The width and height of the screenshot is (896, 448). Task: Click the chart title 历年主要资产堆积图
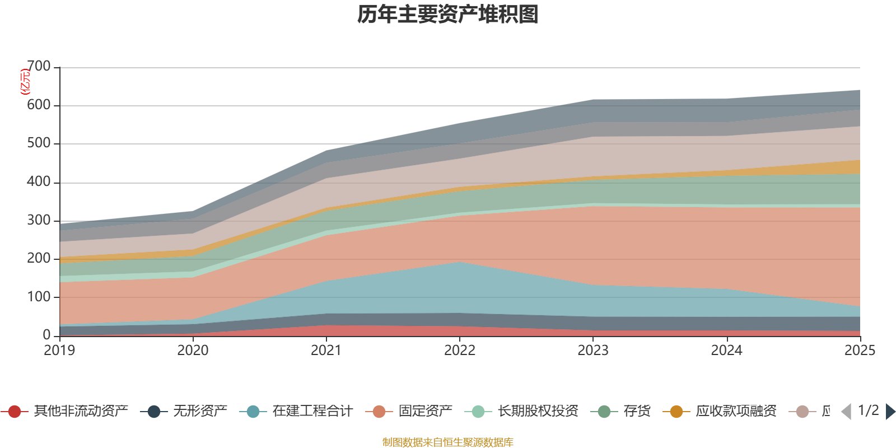coord(448,15)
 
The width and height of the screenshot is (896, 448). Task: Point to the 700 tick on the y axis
coord(39,67)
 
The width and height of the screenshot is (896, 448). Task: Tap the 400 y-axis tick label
coord(39,182)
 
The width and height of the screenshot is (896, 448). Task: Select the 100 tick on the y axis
coord(39,297)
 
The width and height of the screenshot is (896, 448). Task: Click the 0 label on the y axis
coord(46,335)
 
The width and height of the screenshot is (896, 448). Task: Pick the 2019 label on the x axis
coord(59,351)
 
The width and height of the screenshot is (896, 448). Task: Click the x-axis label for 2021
coord(326,351)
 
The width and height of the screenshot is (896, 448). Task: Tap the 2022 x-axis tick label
coord(459,351)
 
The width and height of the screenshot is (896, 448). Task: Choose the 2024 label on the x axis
coord(726,351)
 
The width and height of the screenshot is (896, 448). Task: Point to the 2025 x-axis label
coord(859,351)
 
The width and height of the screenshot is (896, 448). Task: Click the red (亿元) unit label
coord(25,82)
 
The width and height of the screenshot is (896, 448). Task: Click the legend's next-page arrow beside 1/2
coord(890,412)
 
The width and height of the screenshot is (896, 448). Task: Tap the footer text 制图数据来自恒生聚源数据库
coord(448,442)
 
